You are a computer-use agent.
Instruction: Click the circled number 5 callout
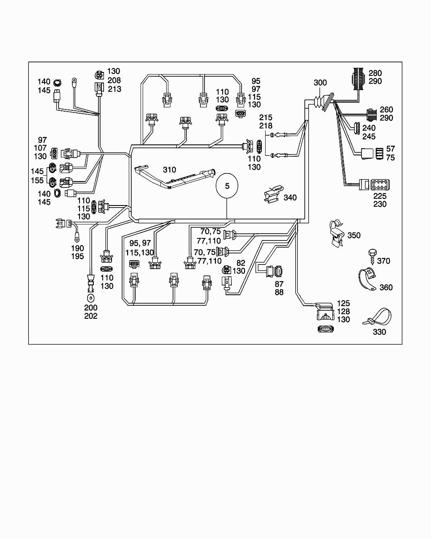point(227,186)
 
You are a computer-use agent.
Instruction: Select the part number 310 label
point(170,170)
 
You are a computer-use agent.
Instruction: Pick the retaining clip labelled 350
point(336,233)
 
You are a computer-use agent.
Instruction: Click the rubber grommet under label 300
point(322,102)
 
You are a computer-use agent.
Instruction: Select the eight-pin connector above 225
point(380,184)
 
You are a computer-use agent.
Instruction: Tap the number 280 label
point(375,73)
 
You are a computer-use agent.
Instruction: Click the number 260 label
point(386,110)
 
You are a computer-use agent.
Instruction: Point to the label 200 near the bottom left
point(91,308)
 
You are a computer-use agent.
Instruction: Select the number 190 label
point(77,248)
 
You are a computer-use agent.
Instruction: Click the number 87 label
point(279,284)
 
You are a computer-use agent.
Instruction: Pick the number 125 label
point(343,304)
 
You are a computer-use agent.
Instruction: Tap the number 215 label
point(266,117)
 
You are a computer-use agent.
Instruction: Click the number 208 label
point(114,80)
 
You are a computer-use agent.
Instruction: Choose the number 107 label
point(40,148)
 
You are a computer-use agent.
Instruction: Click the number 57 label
point(391,149)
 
